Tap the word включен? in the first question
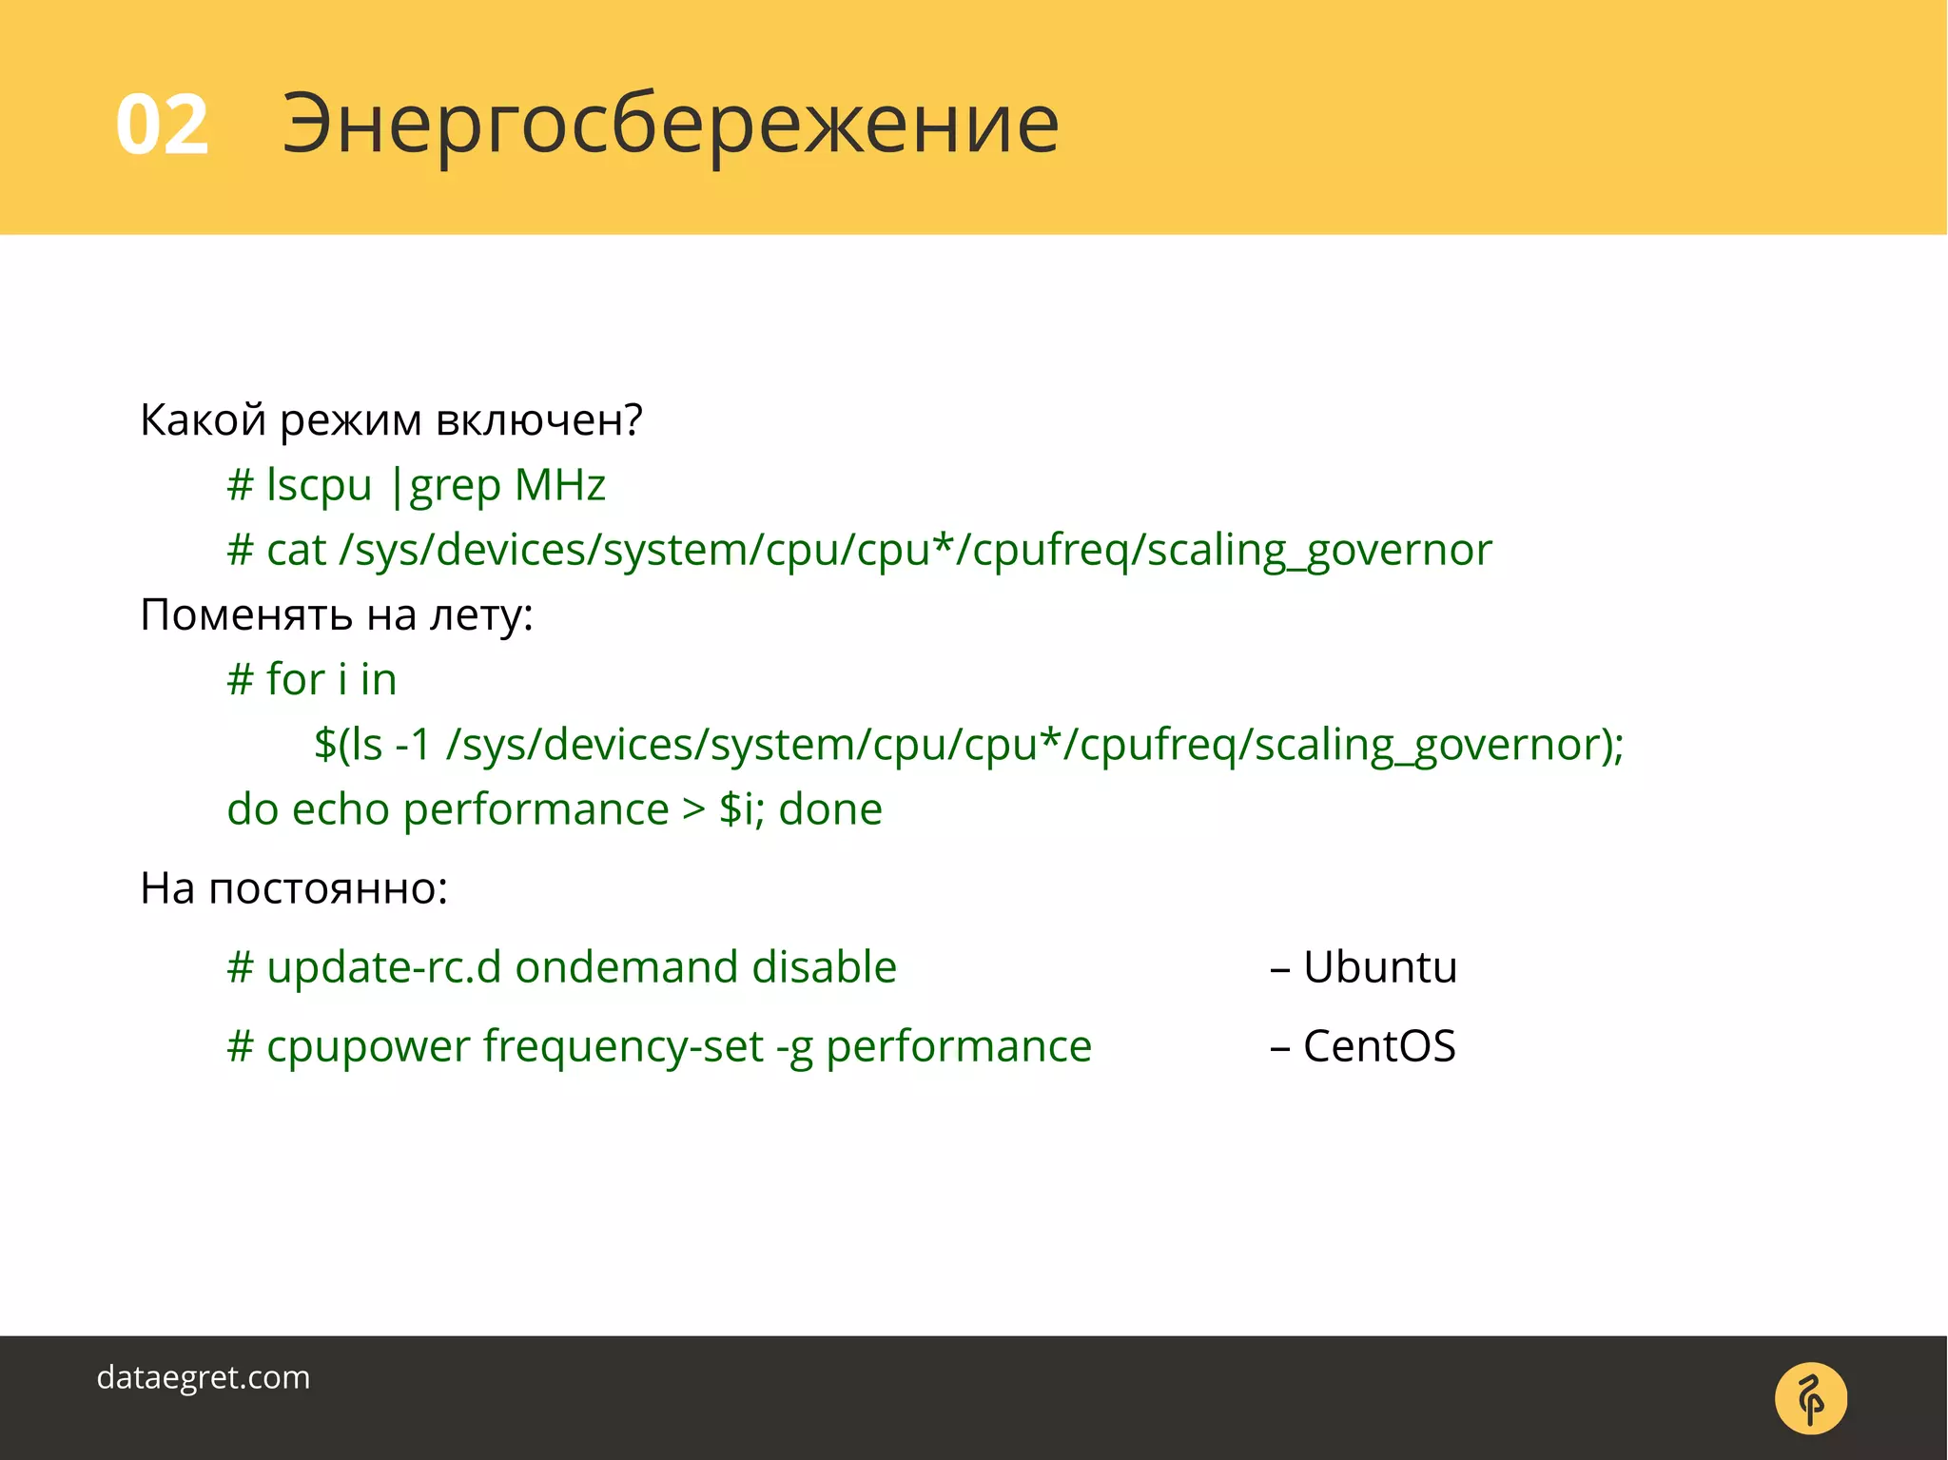[538, 419]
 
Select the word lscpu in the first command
[319, 485]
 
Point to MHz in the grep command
[559, 485]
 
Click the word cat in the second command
[296, 550]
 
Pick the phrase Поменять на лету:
[336, 614]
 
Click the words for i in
[330, 679]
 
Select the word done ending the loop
[829, 809]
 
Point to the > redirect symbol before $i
[693, 809]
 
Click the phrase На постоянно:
[293, 888]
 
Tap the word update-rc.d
[383, 967]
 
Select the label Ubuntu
[1379, 967]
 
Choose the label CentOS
[1378, 1046]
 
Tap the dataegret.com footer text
[203, 1377]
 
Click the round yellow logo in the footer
[1810, 1398]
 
